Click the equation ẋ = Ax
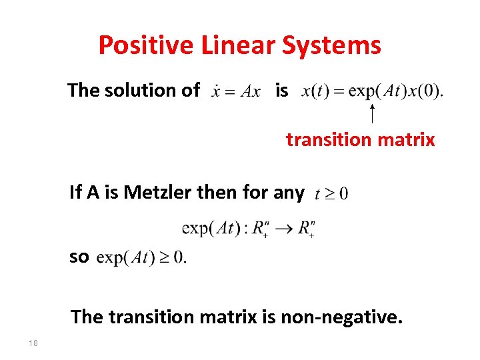click(x=235, y=91)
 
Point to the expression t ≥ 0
click(x=331, y=194)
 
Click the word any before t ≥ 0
click(x=288, y=193)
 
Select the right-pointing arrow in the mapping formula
click(x=281, y=229)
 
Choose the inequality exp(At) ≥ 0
click(x=141, y=257)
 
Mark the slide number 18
click(x=33, y=343)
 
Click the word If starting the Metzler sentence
click(x=75, y=193)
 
